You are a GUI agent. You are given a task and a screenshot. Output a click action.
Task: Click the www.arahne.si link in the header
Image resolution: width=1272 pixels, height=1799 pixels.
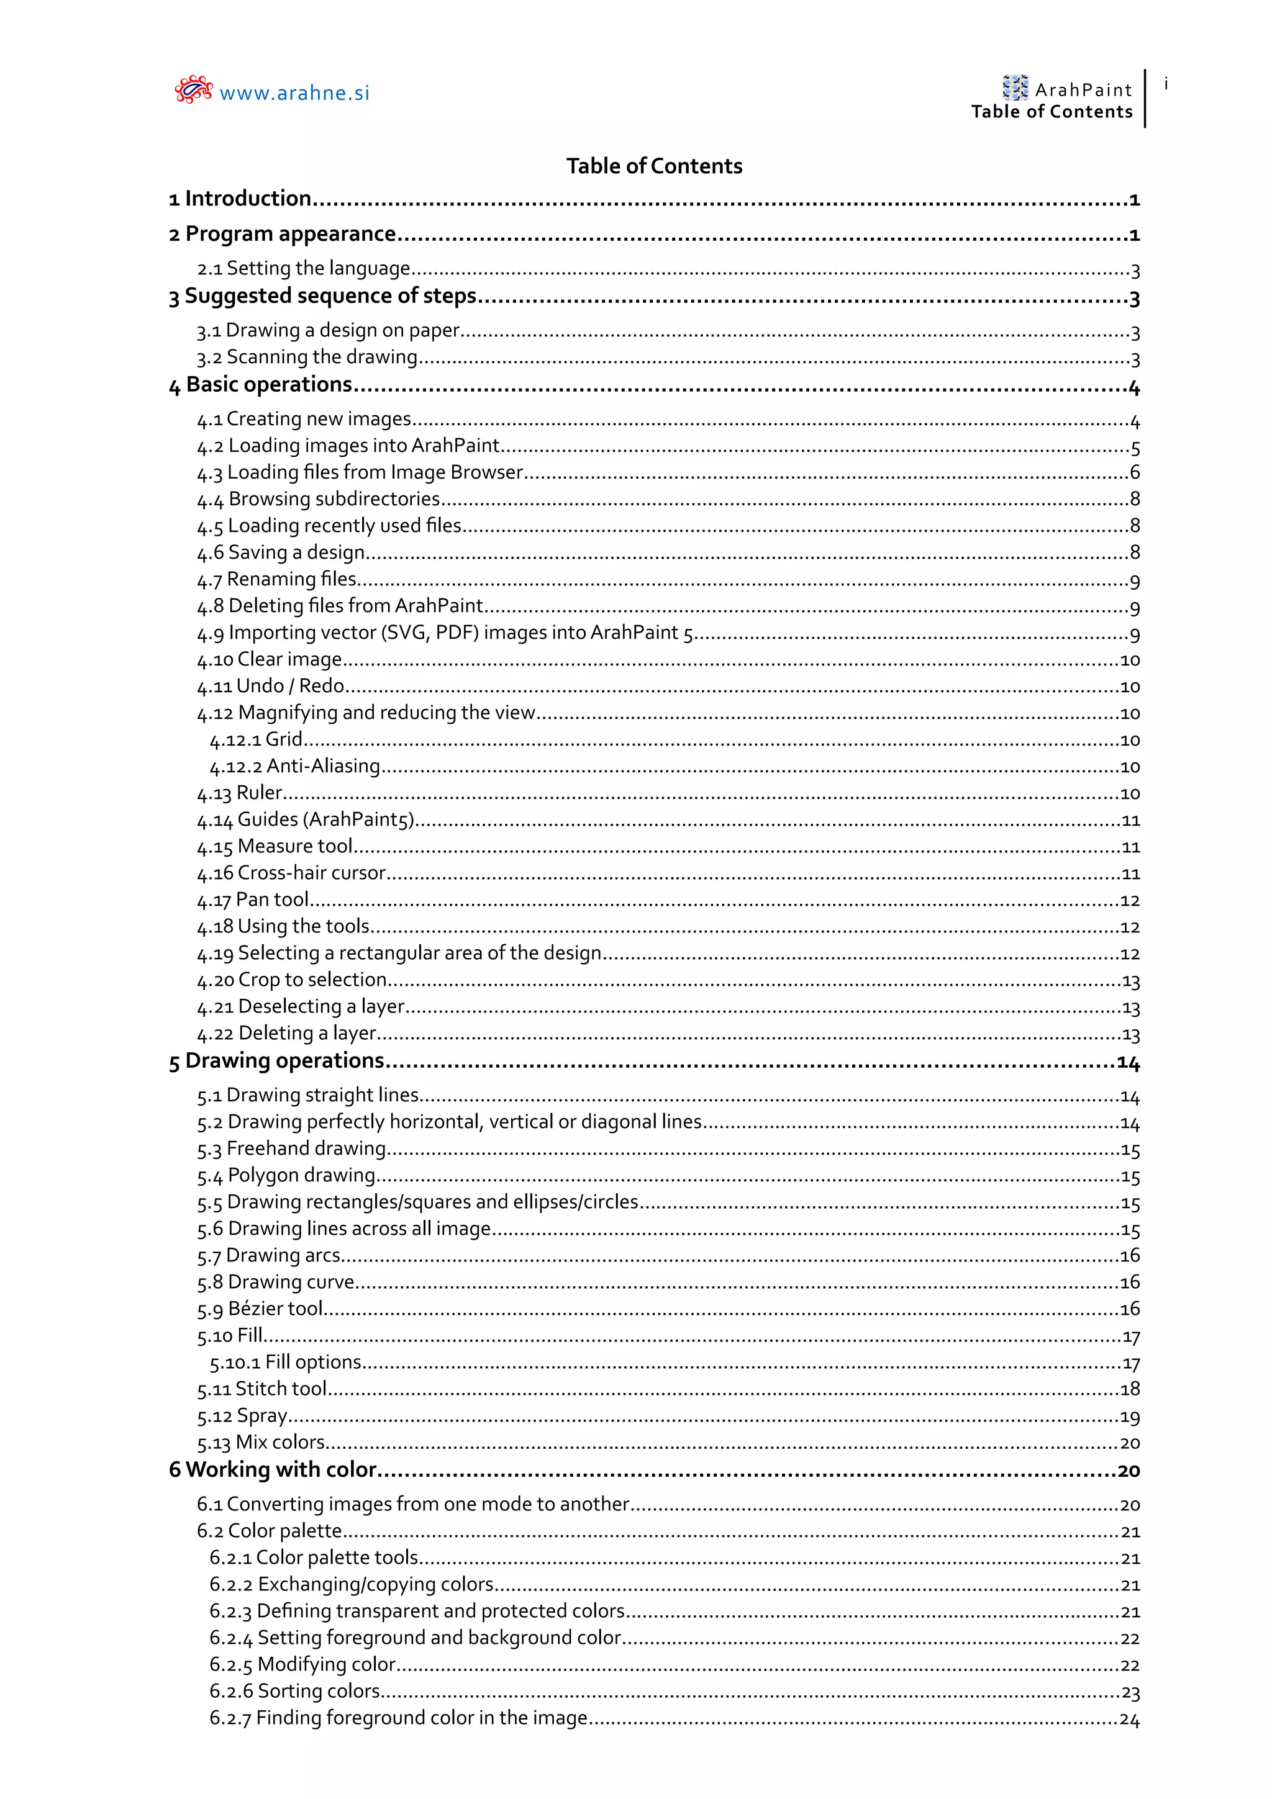coord(294,93)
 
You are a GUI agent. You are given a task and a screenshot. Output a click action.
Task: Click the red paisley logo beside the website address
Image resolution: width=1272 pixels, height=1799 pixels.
coord(193,90)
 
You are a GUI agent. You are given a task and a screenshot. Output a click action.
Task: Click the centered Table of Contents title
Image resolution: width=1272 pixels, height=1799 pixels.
coord(653,166)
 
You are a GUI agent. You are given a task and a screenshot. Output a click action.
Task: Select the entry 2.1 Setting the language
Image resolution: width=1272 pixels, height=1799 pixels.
coord(303,269)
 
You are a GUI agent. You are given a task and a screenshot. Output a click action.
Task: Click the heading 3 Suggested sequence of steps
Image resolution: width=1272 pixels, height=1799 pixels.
coord(322,296)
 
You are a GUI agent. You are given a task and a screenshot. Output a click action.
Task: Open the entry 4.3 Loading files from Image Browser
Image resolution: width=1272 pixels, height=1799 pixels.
coord(360,472)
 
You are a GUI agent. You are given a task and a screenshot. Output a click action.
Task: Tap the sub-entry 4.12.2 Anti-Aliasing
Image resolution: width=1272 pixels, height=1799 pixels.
coord(294,766)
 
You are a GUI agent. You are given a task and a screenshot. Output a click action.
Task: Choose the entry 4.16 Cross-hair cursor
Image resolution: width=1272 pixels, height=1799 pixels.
coord(291,873)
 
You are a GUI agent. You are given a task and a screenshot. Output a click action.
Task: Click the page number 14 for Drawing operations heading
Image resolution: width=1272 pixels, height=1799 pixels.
coord(1128,1063)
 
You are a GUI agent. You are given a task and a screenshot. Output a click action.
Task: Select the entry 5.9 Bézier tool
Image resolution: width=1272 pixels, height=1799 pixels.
coord(260,1309)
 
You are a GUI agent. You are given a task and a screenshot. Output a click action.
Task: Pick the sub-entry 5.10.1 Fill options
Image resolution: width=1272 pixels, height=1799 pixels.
coord(285,1363)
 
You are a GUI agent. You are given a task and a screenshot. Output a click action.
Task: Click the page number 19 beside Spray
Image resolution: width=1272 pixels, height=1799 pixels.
coord(1129,1417)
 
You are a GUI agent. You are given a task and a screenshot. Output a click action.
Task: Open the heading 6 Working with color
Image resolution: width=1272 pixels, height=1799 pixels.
coord(273,1470)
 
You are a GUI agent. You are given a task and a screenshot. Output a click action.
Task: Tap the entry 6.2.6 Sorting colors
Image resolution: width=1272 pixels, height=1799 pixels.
coord(294,1691)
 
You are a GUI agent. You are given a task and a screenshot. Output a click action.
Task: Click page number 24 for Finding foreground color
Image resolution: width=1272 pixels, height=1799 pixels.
coord(1129,1719)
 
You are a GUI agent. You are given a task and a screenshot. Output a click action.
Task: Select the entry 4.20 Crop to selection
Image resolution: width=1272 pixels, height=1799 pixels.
coord(291,980)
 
